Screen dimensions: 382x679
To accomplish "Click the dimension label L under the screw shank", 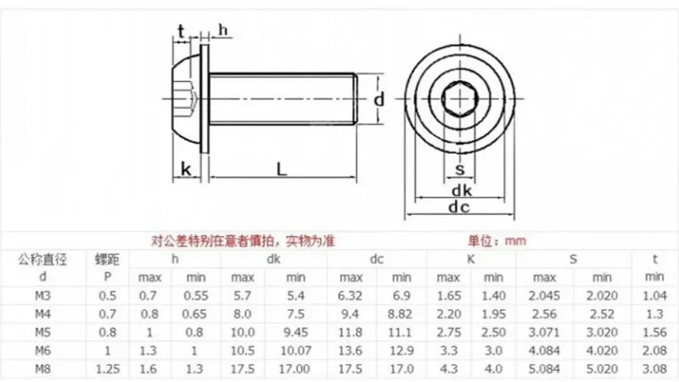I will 282,169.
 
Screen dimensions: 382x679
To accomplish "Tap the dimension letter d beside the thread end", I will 379,99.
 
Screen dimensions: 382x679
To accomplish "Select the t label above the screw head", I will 181,31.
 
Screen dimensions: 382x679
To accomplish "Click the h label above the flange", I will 223,30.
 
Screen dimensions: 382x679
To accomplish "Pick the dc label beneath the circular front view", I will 459,206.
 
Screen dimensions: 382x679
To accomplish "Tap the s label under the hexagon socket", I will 459,168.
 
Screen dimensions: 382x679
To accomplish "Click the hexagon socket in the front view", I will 459,99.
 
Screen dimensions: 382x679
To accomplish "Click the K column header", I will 469,258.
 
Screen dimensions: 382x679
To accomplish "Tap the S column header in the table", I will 574,258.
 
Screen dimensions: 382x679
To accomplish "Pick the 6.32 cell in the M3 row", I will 351,295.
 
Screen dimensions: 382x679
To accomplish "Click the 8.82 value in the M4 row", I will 398,313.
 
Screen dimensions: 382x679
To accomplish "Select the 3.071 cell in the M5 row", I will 545,332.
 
